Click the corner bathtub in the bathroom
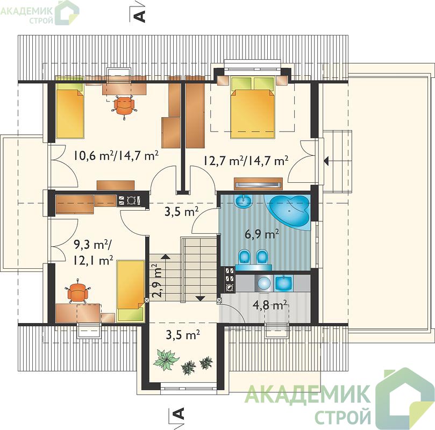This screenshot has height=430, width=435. coord(289,212)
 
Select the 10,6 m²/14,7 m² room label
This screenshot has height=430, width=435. coord(116,155)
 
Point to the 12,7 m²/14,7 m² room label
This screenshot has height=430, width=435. coord(246,160)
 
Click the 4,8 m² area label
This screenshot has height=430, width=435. coord(269,305)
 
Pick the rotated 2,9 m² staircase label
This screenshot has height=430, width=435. coord(158,281)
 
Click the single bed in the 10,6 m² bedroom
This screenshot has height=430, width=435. coord(70,110)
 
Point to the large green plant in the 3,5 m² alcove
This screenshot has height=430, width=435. coord(166,359)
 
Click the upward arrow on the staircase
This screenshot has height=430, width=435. coord(166,256)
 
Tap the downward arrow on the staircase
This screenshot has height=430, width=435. coord(199,298)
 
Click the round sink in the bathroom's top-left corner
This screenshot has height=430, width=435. coord(243,200)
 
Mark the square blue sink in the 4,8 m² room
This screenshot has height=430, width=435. coord(283,283)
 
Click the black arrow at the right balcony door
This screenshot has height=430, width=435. coord(326,161)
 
